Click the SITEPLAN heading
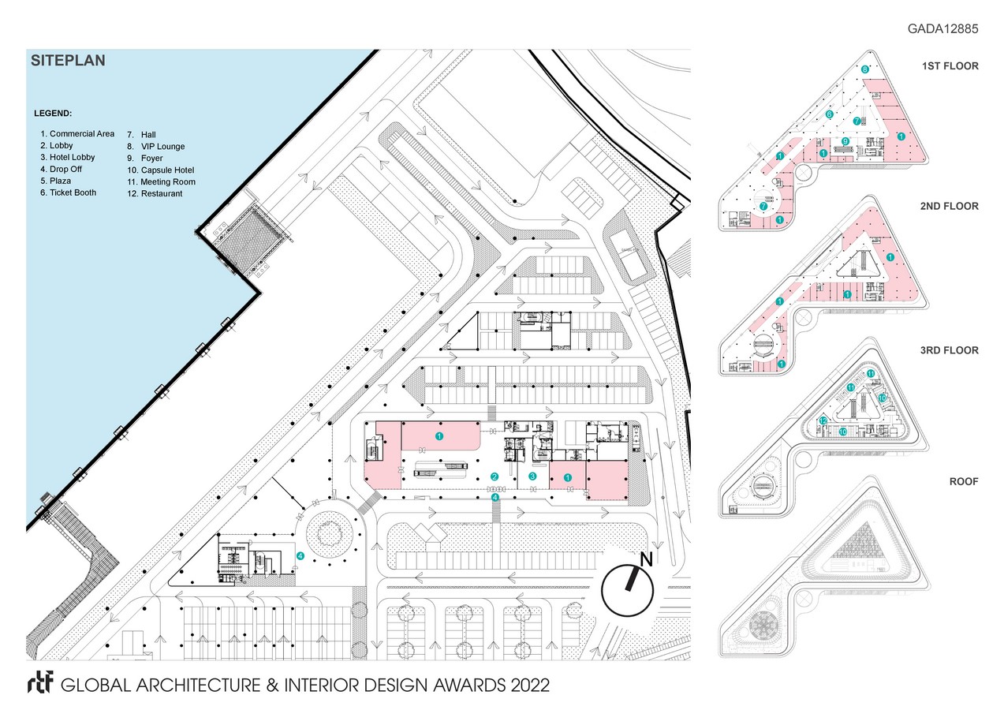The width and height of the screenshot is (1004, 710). [67, 60]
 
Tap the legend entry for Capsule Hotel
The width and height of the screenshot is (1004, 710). [160, 170]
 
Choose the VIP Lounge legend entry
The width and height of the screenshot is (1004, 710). [156, 147]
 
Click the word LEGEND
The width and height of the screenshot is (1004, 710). [54, 114]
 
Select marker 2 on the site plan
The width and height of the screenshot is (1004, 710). [495, 476]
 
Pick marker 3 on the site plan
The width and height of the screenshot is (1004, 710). [532, 476]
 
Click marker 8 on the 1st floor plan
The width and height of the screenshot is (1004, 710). [865, 69]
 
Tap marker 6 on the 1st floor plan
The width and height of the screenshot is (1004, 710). [829, 114]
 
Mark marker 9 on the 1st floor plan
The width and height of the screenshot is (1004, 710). [845, 141]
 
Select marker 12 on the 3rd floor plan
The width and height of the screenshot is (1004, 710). [823, 421]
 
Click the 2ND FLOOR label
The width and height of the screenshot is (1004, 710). [950, 206]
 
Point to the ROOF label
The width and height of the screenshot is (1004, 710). [964, 480]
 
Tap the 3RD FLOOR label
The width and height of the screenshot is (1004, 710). [950, 350]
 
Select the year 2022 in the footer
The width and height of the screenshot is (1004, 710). [525, 684]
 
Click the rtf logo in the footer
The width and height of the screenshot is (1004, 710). [39, 683]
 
